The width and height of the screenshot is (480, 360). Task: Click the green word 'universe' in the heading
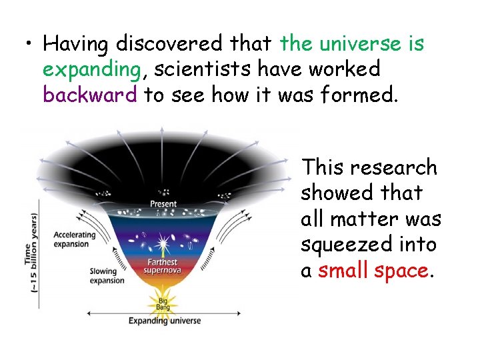click(363, 44)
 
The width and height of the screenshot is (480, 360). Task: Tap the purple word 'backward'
click(90, 95)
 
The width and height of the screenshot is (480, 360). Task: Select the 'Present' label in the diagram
click(163, 203)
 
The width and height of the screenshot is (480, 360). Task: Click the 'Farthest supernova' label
click(163, 267)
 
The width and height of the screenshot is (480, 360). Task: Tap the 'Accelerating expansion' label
click(75, 239)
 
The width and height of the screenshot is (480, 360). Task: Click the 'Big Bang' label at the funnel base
click(163, 305)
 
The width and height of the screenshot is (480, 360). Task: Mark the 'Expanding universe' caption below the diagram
click(165, 321)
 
